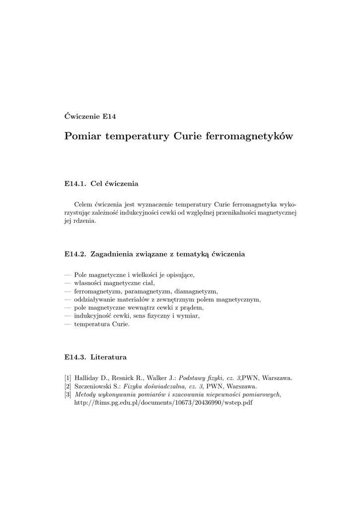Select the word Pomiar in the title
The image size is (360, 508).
tap(83, 136)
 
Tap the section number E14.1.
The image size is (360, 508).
tap(75, 184)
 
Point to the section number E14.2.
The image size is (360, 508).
tap(75, 254)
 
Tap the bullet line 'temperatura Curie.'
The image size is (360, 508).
tap(101, 324)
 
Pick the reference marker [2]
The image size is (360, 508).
tap(68, 385)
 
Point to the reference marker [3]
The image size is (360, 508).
tap(68, 394)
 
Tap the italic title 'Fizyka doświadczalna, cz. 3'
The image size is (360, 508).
tap(163, 385)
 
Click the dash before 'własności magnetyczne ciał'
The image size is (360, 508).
tap(68, 283)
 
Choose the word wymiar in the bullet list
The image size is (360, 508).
tap(188, 316)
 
